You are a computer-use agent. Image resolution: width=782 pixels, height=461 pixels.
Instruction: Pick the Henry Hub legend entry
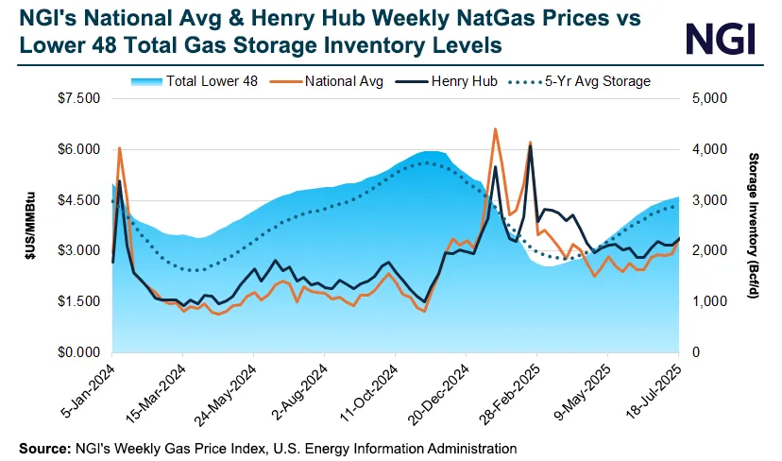[x=460, y=81]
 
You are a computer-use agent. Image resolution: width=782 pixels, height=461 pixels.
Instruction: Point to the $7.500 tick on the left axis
[x=78, y=98]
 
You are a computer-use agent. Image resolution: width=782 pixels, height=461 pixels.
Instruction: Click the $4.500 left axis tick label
[x=78, y=200]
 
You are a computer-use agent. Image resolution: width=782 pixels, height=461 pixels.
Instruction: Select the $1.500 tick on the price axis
[x=78, y=301]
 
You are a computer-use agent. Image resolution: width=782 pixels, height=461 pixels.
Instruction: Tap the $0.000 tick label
[x=78, y=352]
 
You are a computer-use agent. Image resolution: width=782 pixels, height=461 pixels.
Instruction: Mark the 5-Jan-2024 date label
[x=91, y=389]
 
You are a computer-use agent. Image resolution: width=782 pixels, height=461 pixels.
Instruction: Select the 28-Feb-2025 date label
[x=514, y=389]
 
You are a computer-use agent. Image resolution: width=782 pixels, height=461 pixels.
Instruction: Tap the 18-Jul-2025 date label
[x=655, y=389]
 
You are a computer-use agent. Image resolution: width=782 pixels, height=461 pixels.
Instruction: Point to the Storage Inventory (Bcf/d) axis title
[x=754, y=225]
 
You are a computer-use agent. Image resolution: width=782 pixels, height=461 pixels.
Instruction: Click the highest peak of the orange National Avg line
[x=495, y=129]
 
